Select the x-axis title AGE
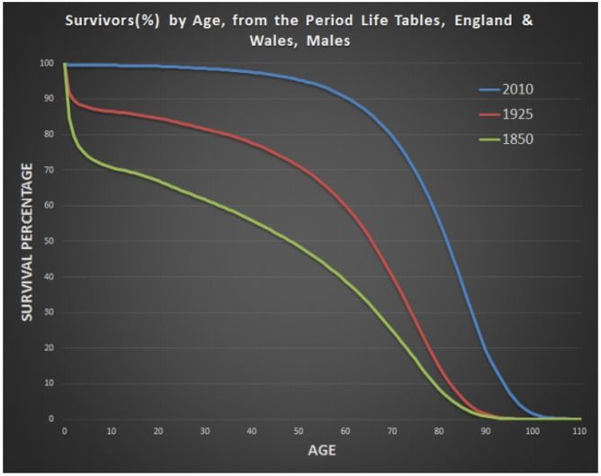tap(321, 450)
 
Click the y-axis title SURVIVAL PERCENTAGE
tap(29, 239)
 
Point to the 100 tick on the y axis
tap(46, 64)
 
